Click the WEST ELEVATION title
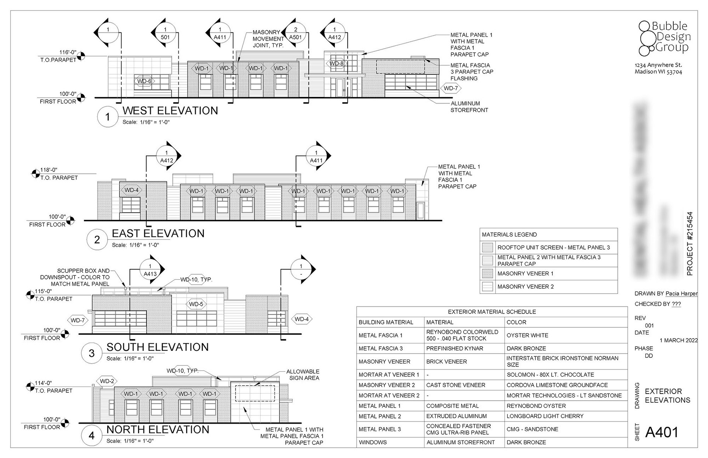coord(170,111)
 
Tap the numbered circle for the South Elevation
coord(92,353)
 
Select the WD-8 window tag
coord(336,63)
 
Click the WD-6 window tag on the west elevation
coord(144,81)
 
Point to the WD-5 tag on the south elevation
coord(196,304)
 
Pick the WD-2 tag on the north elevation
coord(107,381)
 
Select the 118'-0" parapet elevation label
coord(49,170)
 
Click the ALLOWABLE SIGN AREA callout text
coord(303,375)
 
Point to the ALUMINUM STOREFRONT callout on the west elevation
coord(469,107)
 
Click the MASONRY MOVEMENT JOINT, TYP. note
coord(268,39)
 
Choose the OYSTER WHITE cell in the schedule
coord(527,335)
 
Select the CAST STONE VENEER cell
coord(456,385)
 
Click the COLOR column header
coord(516,322)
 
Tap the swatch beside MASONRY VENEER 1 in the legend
coord(487,274)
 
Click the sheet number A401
coord(662,432)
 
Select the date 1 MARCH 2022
coord(678,340)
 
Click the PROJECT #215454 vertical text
coord(690,243)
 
